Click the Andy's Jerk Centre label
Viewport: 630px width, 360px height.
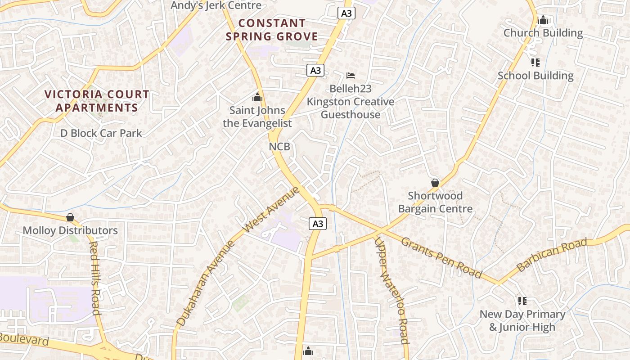216,5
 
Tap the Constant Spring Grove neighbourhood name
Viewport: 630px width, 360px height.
272,30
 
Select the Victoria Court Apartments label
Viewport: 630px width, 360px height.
97,101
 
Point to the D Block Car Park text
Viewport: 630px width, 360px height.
101,133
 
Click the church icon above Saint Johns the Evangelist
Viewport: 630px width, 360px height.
257,97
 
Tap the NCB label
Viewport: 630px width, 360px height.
279,147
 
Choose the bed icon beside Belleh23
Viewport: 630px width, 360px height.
351,75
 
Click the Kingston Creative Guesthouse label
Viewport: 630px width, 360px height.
351,108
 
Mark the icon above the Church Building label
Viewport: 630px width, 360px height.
543,20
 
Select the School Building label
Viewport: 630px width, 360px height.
535,76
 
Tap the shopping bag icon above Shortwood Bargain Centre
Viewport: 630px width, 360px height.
435,183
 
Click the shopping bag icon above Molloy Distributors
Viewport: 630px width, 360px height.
70,217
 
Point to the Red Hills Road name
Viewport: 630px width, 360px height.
94,278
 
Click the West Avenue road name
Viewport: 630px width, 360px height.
271,210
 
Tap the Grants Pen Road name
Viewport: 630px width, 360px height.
441,257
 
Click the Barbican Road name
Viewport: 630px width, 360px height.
552,255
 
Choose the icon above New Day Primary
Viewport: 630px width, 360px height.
522,300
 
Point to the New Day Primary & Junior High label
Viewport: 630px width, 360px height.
522,320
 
